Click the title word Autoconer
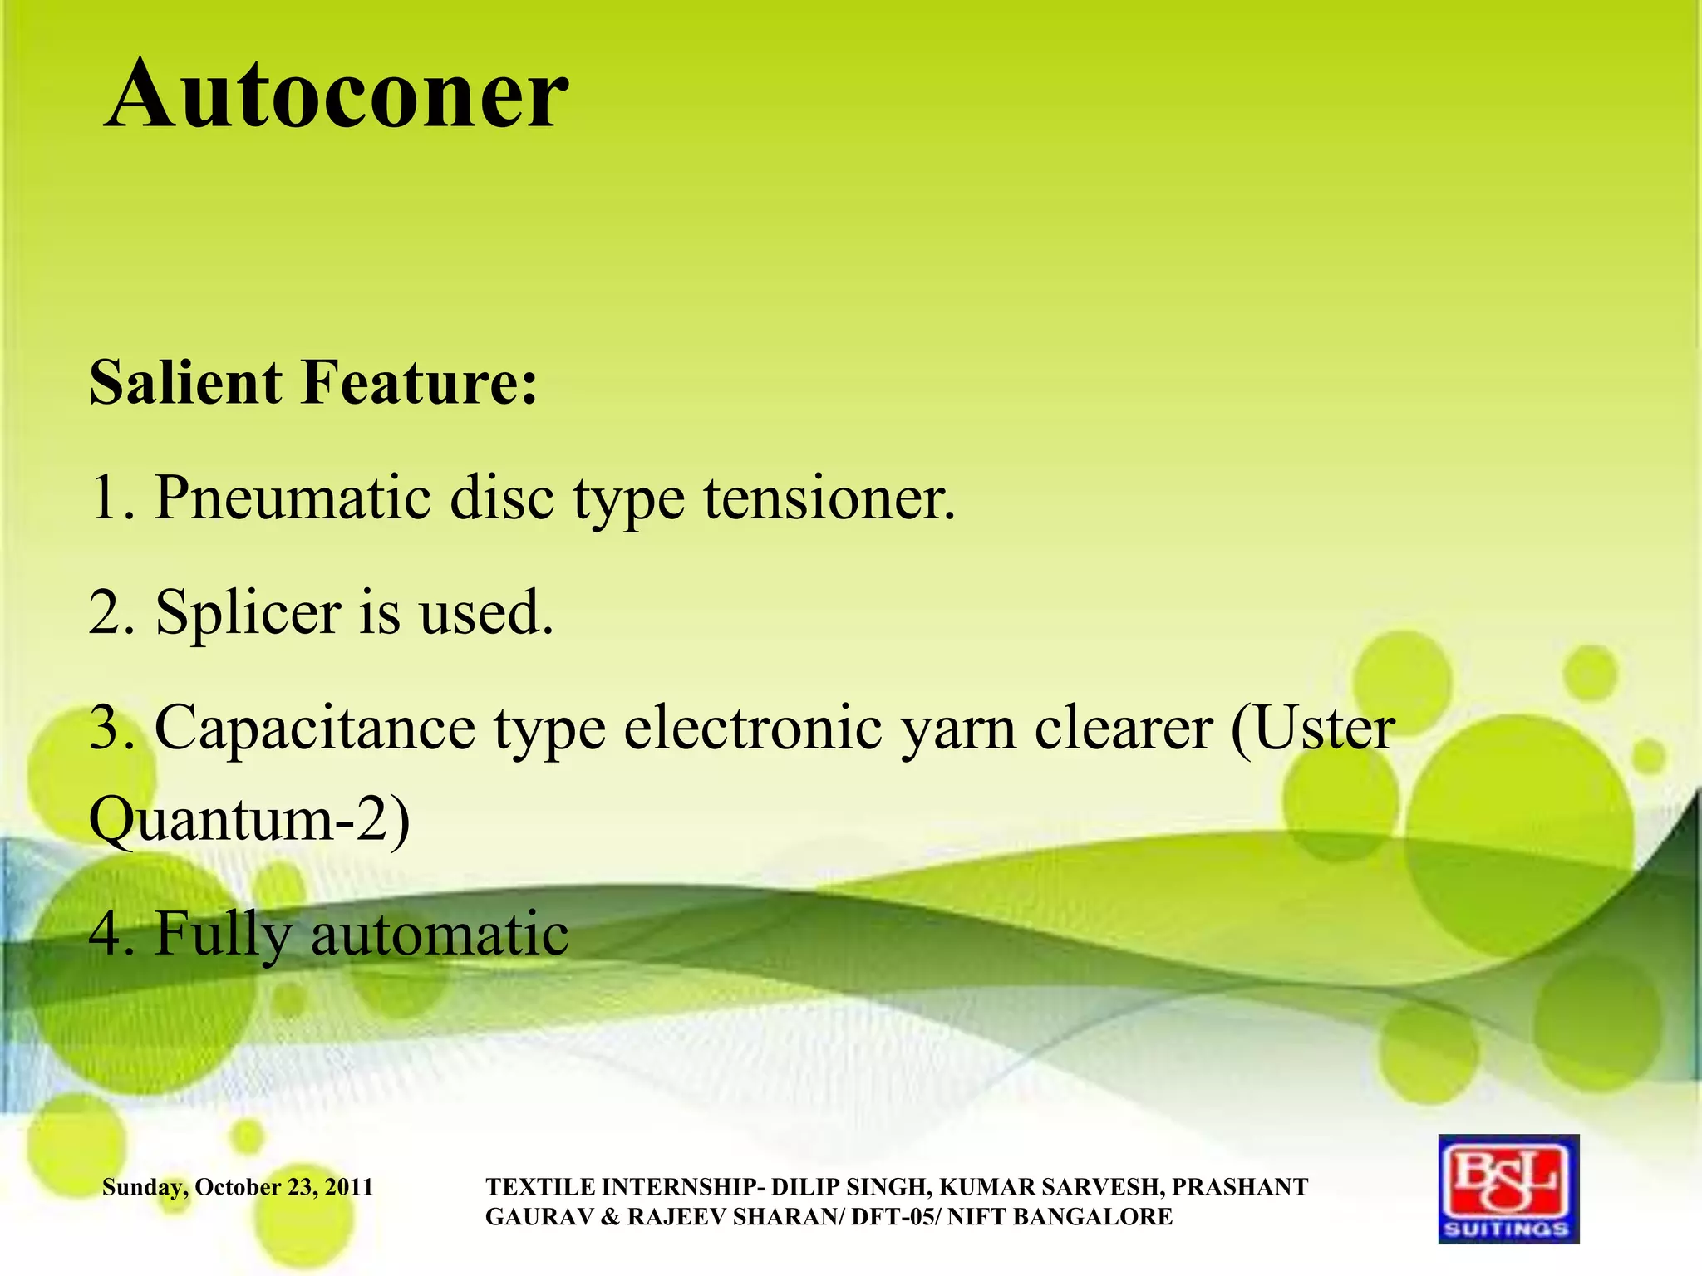tap(337, 96)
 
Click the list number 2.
tap(106, 613)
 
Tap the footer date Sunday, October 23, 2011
tap(238, 1187)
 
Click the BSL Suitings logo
tap(1508, 1189)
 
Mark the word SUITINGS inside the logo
tap(1508, 1229)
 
